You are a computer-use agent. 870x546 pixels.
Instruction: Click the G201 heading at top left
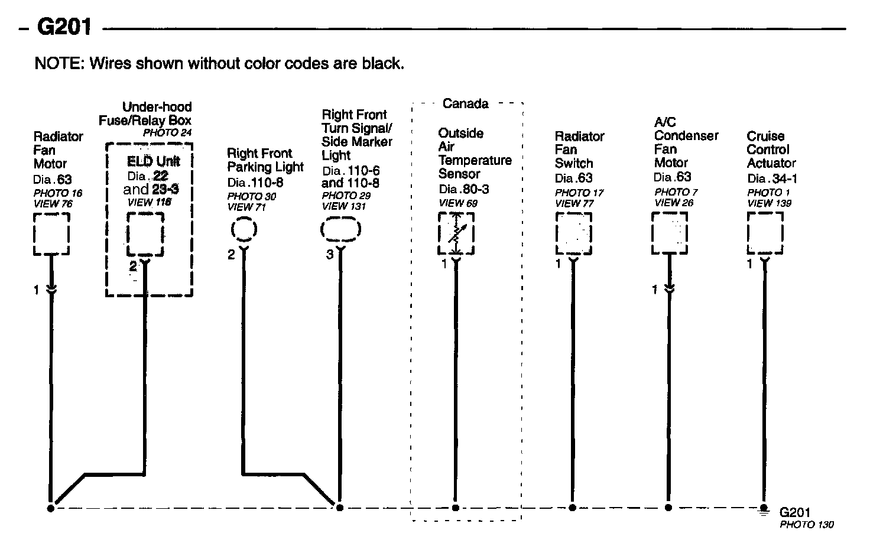(64, 27)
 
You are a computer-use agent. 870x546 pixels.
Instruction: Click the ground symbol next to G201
(764, 509)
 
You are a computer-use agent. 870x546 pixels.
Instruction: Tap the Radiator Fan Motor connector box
(51, 235)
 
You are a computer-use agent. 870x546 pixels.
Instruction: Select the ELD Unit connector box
(145, 235)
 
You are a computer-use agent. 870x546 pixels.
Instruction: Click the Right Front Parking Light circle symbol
(244, 229)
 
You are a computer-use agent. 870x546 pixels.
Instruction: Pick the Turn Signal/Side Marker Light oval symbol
(340, 230)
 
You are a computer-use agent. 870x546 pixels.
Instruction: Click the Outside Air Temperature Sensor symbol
(456, 234)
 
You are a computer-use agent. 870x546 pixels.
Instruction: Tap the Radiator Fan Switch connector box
(573, 234)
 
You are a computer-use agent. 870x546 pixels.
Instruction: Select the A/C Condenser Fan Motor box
(669, 233)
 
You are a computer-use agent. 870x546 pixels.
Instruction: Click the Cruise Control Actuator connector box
(765, 233)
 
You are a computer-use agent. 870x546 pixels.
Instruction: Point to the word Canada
(466, 104)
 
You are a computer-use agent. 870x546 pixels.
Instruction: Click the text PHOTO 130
(806, 525)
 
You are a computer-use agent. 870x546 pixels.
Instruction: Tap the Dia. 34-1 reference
(772, 178)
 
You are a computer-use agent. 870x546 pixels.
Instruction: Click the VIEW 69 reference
(458, 203)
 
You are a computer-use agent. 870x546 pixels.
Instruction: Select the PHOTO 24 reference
(167, 132)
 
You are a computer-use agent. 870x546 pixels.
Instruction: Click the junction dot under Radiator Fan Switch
(573, 508)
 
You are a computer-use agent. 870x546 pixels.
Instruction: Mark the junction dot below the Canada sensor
(455, 508)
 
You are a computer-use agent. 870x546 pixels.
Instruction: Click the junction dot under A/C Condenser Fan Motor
(668, 508)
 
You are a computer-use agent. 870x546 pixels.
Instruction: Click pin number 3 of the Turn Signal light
(330, 255)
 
